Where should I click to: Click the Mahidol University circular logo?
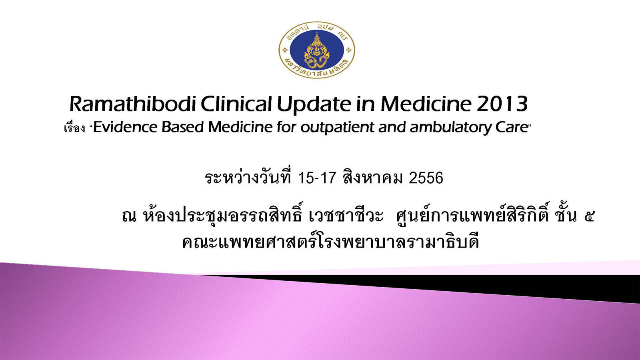(317, 50)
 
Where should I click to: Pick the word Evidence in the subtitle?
(126, 127)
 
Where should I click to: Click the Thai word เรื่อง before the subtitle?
(74, 128)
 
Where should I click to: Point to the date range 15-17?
(316, 178)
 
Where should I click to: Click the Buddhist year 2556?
(426, 178)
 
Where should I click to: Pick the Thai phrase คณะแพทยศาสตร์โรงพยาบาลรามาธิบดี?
(330, 242)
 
